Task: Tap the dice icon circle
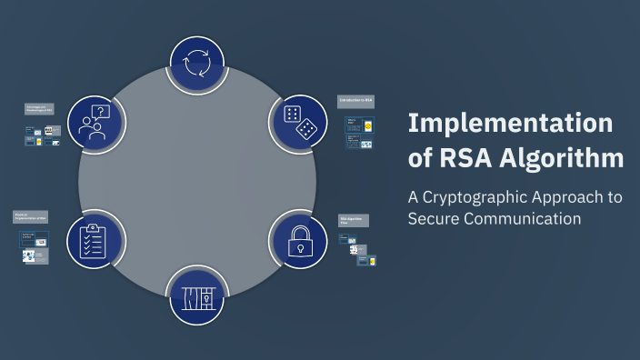tap(300, 123)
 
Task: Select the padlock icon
tap(300, 239)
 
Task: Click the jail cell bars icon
tap(197, 296)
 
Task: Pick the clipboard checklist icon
tap(95, 239)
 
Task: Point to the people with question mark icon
tap(95, 123)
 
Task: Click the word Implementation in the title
tap(510, 124)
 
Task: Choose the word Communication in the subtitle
tap(523, 219)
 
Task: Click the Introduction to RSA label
tap(355, 99)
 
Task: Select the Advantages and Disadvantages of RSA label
tap(39, 109)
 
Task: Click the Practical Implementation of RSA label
tap(31, 216)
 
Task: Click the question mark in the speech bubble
tap(102, 112)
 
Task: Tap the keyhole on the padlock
tap(300, 245)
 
